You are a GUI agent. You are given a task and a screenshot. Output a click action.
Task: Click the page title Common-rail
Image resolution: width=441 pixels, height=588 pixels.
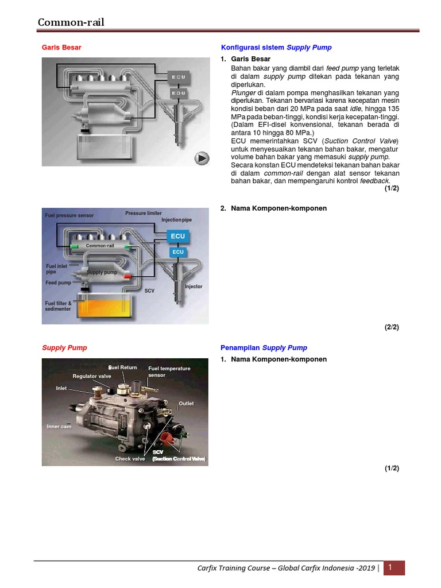[x=71, y=22]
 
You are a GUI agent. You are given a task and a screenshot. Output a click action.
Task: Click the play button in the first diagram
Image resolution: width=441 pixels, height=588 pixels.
[x=202, y=158]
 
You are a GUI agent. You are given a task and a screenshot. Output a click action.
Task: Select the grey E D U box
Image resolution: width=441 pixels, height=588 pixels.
[x=178, y=92]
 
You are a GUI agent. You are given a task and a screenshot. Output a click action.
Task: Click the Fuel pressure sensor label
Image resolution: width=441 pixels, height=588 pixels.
[x=69, y=215]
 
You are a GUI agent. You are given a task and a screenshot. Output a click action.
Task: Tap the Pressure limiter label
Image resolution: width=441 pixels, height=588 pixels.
[x=144, y=213]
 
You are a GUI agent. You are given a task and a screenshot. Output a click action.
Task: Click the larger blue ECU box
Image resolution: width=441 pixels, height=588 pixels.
[x=178, y=236]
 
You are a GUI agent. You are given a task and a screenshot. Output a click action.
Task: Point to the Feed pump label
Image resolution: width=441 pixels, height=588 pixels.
[x=58, y=283]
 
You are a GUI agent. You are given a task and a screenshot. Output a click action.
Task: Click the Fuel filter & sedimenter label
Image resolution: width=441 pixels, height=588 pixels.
[x=58, y=306]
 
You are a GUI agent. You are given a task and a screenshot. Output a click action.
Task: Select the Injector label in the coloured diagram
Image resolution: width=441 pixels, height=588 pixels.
[x=194, y=287]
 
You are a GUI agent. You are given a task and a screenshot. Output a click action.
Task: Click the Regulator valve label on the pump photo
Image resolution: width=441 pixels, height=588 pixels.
[x=92, y=376]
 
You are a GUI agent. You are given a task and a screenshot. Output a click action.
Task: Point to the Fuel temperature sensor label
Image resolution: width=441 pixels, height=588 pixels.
[x=169, y=372]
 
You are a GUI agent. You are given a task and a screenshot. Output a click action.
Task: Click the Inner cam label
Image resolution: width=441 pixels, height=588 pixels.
[x=59, y=427]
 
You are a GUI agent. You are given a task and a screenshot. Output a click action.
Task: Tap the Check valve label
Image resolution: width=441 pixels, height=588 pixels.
[x=130, y=459]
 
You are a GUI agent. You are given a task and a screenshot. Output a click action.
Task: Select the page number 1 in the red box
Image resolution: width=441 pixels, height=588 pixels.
[x=390, y=568]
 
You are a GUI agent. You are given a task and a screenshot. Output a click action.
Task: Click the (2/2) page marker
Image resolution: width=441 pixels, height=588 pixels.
[x=392, y=327]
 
